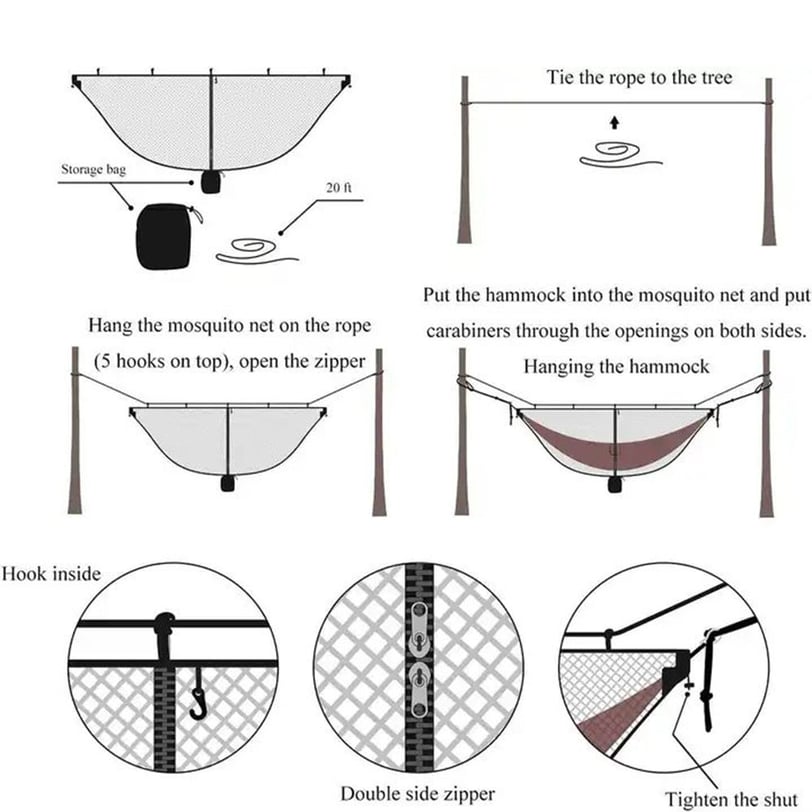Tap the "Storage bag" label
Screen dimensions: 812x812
[x=94, y=170]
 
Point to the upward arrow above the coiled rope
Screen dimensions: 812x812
[x=614, y=123]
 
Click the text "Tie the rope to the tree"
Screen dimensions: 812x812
[x=639, y=78]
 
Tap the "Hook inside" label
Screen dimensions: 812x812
[x=51, y=575]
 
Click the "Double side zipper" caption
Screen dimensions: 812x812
[x=418, y=794]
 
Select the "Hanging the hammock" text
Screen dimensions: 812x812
[x=616, y=367]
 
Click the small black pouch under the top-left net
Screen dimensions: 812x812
[x=210, y=181]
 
